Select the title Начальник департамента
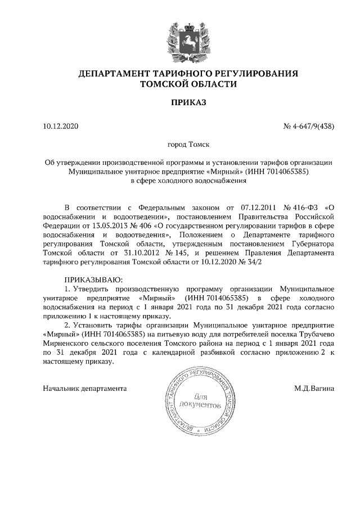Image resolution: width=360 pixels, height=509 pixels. (85, 388)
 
